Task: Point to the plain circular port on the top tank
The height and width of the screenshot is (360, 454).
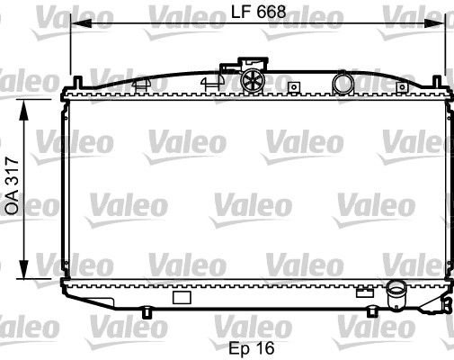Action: pyautogui.click(x=343, y=84)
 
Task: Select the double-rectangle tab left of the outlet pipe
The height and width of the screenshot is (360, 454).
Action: pyautogui.click(x=364, y=291)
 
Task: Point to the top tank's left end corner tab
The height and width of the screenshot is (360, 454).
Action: pyautogui.click(x=68, y=94)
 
